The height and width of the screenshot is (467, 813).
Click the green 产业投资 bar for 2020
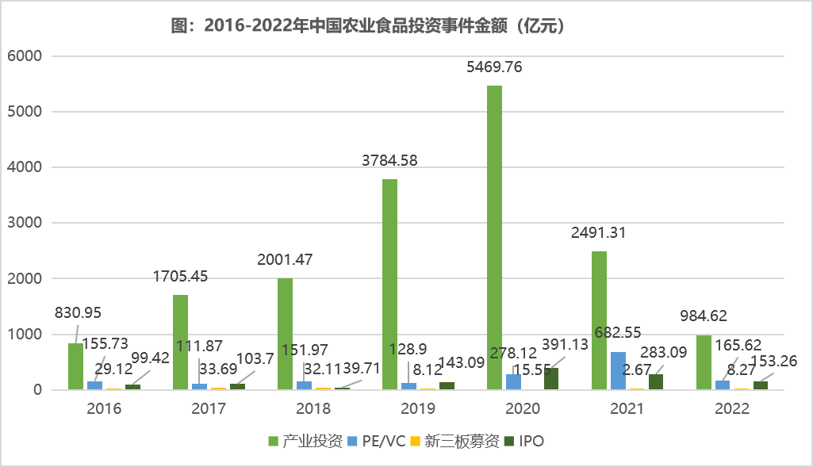click(494, 238)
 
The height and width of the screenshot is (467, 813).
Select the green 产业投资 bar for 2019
click(389, 285)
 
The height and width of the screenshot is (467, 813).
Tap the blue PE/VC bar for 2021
click(618, 371)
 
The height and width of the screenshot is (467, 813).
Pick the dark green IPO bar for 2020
click(551, 379)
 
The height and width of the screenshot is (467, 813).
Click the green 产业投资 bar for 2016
click(75, 366)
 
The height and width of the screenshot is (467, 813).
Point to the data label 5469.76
click(493, 67)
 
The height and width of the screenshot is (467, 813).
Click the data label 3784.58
click(389, 161)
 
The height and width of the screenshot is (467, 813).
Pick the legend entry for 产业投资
click(311, 442)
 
